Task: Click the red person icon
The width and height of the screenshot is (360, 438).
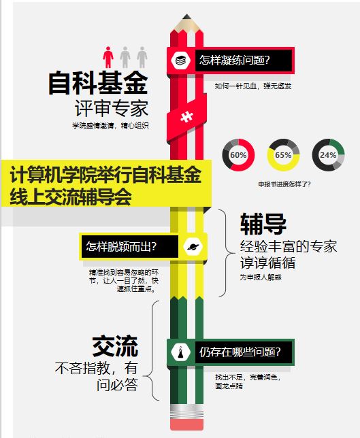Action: pyautogui.click(x=108, y=57)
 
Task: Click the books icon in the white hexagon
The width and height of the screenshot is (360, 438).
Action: pyautogui.click(x=181, y=60)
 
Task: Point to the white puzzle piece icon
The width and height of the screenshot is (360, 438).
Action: pyautogui.click(x=186, y=116)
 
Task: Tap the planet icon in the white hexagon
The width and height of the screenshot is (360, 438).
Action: pyautogui.click(x=193, y=246)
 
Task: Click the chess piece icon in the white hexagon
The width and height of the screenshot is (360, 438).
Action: pyautogui.click(x=181, y=352)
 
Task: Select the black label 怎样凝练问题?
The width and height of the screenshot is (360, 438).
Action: pyautogui.click(x=244, y=61)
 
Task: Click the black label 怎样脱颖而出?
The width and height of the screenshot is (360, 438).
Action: pyautogui.click(x=130, y=247)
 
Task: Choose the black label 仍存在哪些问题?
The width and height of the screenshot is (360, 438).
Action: pyautogui.click(x=244, y=352)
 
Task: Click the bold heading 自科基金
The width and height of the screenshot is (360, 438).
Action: pyautogui.click(x=98, y=83)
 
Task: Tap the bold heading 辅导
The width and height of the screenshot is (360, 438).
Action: pyautogui.click(x=263, y=224)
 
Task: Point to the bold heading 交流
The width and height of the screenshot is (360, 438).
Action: pyautogui.click(x=115, y=346)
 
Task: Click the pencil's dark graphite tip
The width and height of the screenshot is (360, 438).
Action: pyautogui.click(x=186, y=16)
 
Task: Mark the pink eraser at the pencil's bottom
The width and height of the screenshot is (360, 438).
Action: pyautogui.click(x=186, y=424)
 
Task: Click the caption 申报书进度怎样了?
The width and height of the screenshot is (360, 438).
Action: pyautogui.click(x=284, y=184)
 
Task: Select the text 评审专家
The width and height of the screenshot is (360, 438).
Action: pyautogui.click(x=112, y=109)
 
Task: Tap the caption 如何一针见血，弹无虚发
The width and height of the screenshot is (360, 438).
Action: pyautogui.click(x=253, y=86)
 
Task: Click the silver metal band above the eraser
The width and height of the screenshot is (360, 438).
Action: pyautogui.click(x=186, y=411)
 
